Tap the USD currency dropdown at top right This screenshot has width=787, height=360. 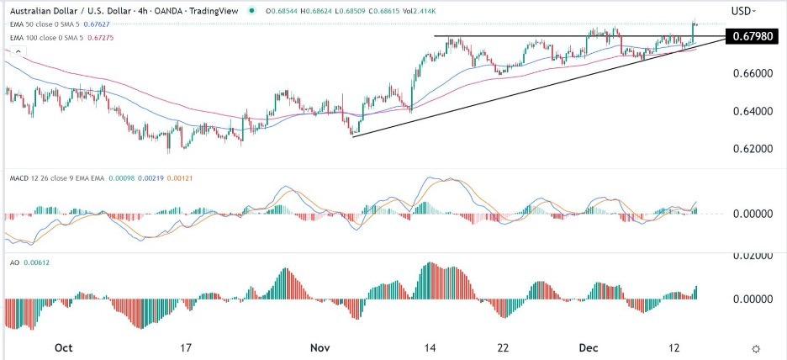point(742,11)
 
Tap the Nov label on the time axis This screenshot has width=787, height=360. point(320,347)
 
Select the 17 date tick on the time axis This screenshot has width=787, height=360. point(187,347)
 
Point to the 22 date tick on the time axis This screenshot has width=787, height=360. point(502,347)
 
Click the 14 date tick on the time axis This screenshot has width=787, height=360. point(430,347)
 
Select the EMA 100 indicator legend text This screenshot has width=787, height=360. point(42,34)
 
